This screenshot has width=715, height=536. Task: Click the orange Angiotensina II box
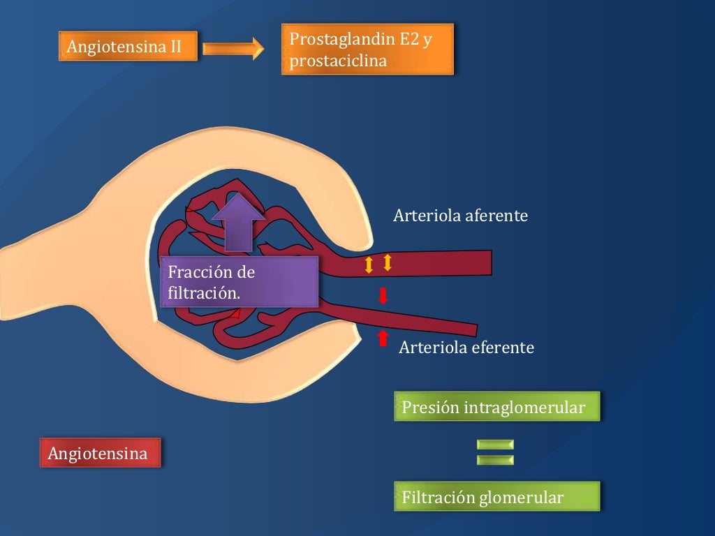pyautogui.click(x=128, y=47)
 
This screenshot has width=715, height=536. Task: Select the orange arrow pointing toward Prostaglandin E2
pyautogui.click(x=233, y=48)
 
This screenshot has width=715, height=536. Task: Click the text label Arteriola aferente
pyautogui.click(x=460, y=216)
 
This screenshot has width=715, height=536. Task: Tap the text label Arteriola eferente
pyautogui.click(x=466, y=347)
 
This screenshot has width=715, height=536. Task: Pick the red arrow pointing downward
pyautogui.click(x=383, y=296)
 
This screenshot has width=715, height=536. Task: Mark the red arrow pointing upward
pyautogui.click(x=382, y=338)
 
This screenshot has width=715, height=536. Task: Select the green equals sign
pyautogui.click(x=495, y=452)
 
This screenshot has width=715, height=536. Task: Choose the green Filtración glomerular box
pyautogui.click(x=496, y=498)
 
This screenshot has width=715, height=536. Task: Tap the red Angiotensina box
pyautogui.click(x=99, y=454)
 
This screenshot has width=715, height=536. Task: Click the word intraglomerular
pyautogui.click(x=524, y=408)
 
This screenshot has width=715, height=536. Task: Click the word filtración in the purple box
pyautogui.click(x=204, y=293)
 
